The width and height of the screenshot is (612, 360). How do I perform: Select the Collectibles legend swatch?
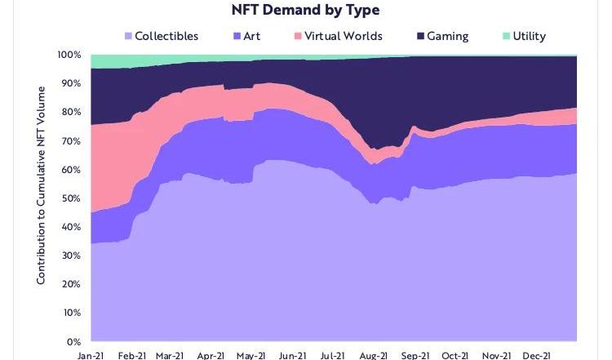[x=127, y=36]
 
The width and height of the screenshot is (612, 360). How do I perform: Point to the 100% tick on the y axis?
[x=69, y=55]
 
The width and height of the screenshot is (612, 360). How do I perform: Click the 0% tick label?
[x=74, y=341]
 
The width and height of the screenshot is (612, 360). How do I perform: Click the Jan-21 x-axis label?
[x=91, y=356]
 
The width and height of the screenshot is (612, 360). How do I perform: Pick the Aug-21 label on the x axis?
[x=372, y=356]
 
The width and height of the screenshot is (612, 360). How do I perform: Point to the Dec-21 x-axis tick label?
[x=534, y=356]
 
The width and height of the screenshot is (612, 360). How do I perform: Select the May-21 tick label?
[x=251, y=356]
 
